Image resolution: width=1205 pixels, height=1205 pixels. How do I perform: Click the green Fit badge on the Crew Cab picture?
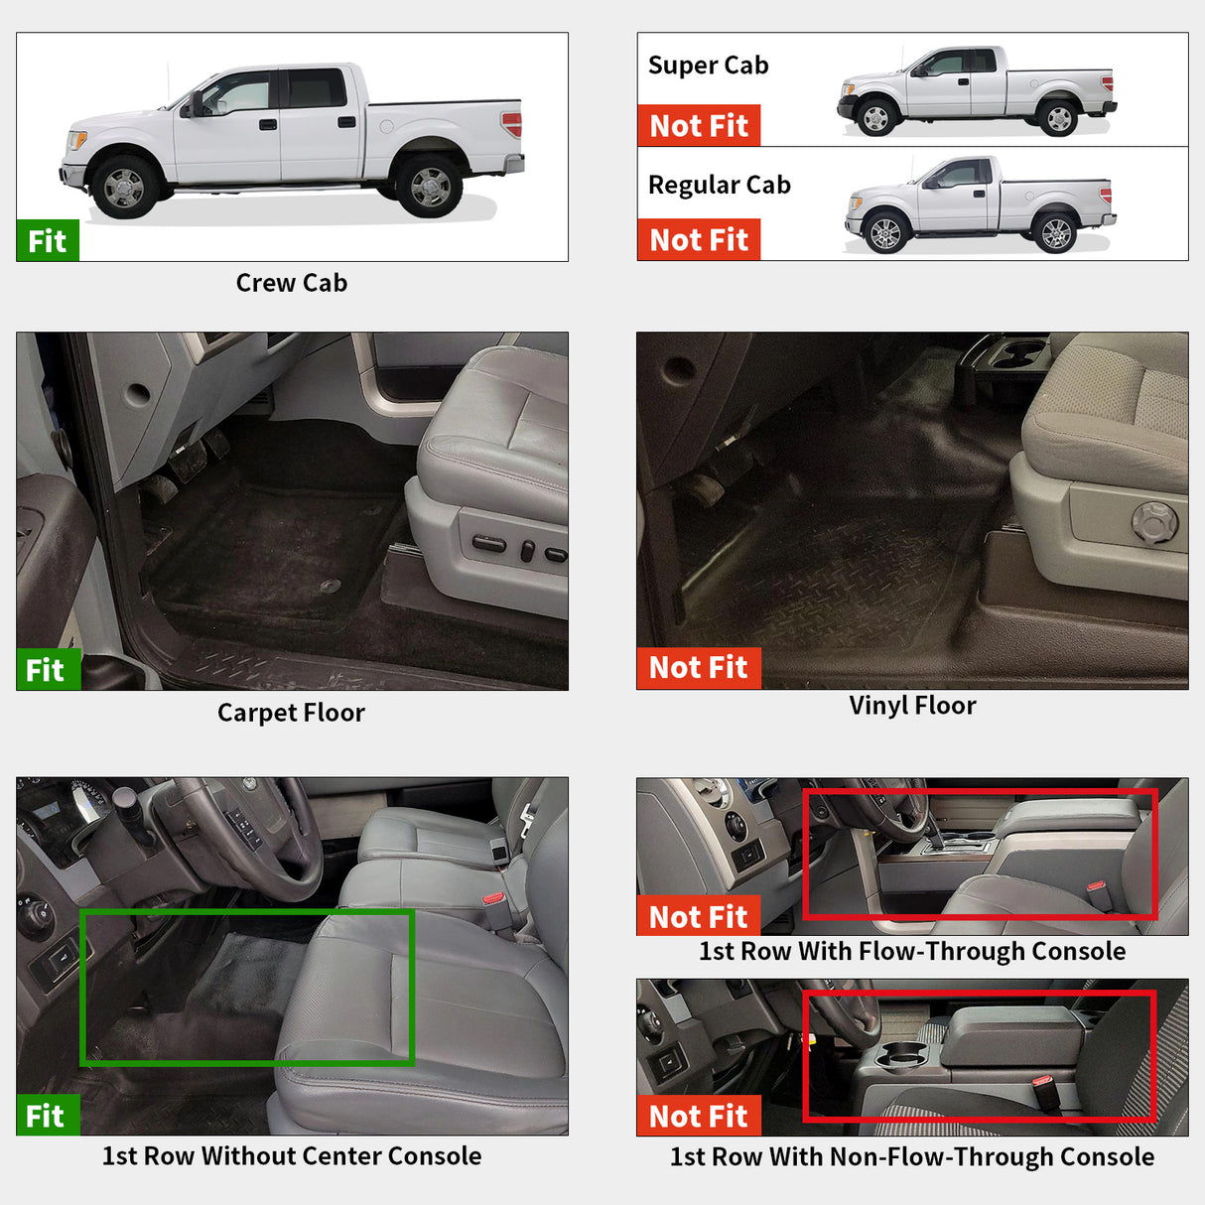tap(47, 240)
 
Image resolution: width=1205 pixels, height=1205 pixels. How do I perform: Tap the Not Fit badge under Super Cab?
tap(698, 126)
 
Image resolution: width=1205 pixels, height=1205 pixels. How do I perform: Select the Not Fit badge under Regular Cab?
tap(698, 240)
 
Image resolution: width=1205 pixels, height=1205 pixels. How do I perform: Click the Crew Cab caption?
tap(291, 283)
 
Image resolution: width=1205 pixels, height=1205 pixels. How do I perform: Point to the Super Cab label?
tap(708, 66)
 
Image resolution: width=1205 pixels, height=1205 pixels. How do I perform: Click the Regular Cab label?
tap(719, 186)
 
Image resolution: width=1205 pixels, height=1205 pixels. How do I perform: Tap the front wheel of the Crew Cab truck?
tap(123, 187)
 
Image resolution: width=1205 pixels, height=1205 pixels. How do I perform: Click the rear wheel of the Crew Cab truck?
tap(429, 187)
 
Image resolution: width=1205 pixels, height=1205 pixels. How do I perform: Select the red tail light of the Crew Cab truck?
tap(511, 125)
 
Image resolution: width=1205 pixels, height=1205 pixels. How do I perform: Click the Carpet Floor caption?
tap(291, 713)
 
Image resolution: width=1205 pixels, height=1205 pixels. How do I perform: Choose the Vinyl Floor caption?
tap(912, 706)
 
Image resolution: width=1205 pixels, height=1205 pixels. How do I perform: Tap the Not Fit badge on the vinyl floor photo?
tap(698, 668)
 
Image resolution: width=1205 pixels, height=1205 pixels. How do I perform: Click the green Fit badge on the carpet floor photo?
tap(47, 670)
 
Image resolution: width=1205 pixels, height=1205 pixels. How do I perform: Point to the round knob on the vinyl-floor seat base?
tap(1154, 522)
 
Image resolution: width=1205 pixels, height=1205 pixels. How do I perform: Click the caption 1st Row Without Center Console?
tap(291, 1156)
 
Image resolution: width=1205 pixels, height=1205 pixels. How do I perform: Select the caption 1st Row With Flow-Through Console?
tap(911, 951)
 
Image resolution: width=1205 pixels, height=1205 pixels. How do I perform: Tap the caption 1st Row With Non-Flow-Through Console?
tap(911, 1157)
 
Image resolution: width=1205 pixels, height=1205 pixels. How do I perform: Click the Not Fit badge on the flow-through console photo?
tap(698, 916)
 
